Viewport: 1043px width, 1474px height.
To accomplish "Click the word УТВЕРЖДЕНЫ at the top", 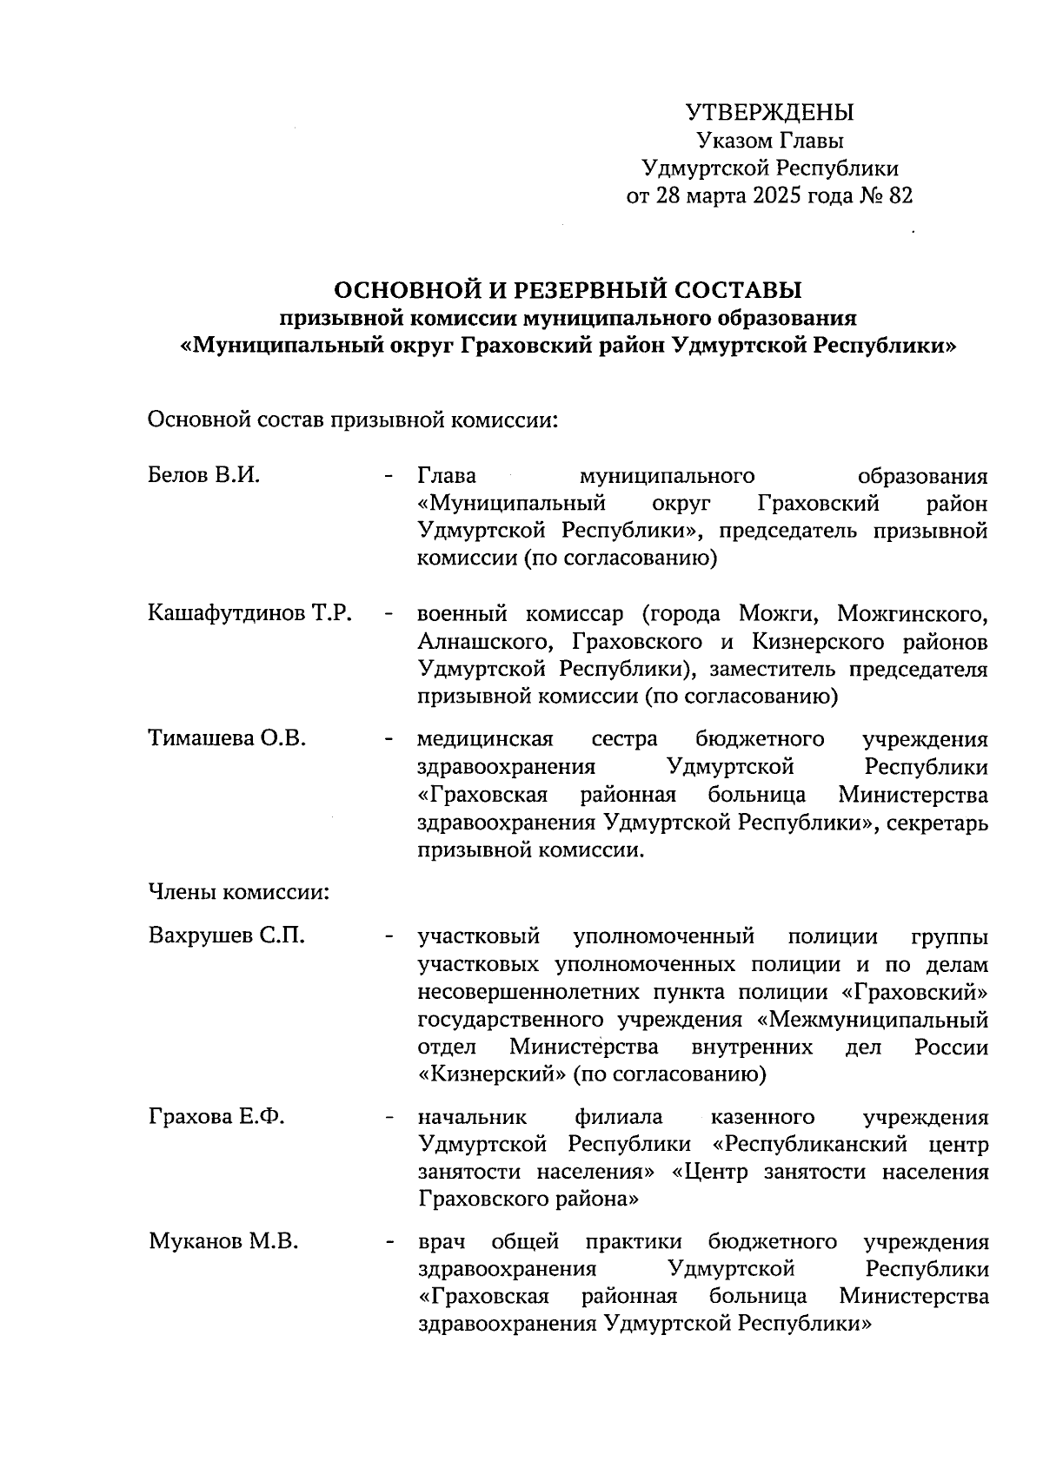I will click(770, 113).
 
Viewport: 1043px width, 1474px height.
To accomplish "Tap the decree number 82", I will click(900, 196).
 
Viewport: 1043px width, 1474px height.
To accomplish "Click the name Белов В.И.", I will click(204, 476).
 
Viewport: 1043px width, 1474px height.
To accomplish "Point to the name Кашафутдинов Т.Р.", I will click(249, 614).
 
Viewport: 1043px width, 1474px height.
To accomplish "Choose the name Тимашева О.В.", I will click(227, 739).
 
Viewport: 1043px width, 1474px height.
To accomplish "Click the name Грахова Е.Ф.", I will click(216, 1117).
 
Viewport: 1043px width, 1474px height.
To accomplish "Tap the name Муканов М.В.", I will click(223, 1242).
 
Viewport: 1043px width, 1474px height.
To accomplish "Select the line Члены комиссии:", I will click(238, 893).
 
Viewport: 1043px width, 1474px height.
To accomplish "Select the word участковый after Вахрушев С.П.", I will click(479, 936).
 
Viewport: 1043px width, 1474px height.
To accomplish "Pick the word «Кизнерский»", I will click(491, 1075).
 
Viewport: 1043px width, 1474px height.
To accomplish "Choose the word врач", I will click(442, 1242).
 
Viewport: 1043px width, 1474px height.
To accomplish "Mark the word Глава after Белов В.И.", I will click(448, 476).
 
